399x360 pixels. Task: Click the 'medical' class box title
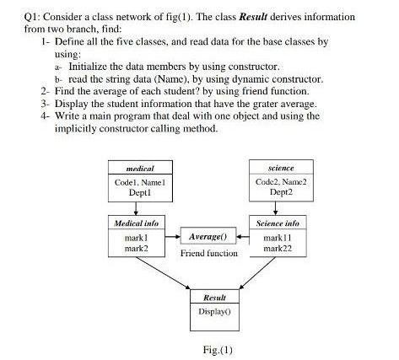pos(139,169)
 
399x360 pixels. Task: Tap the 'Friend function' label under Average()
pos(208,253)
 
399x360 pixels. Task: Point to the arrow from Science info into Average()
pos(245,237)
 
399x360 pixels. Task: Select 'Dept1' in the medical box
pos(139,192)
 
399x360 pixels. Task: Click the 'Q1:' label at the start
pos(33,16)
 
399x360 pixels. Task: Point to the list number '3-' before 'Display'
pos(45,103)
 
